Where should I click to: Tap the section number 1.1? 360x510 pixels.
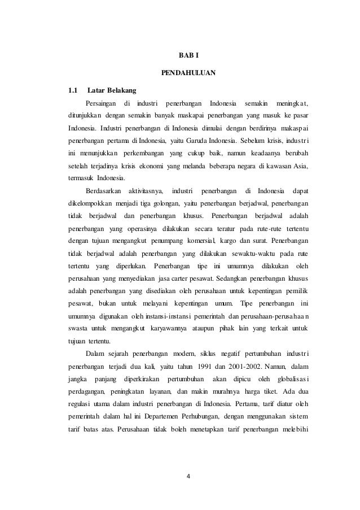[72, 90]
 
